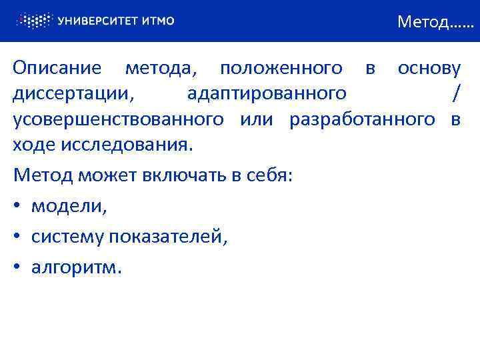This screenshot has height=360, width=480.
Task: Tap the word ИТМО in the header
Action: pyautogui.click(x=158, y=21)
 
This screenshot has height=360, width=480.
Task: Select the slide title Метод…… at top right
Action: pyautogui.click(x=434, y=23)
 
